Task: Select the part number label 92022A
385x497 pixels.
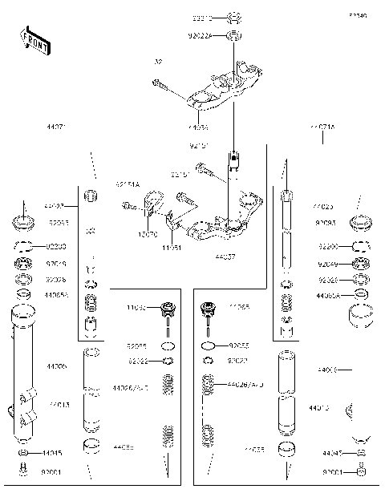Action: point(201,35)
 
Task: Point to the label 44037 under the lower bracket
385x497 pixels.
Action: point(225,258)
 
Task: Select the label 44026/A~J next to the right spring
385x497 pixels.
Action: point(245,386)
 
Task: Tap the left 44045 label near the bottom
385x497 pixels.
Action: point(52,453)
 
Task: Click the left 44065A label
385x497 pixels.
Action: point(56,296)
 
